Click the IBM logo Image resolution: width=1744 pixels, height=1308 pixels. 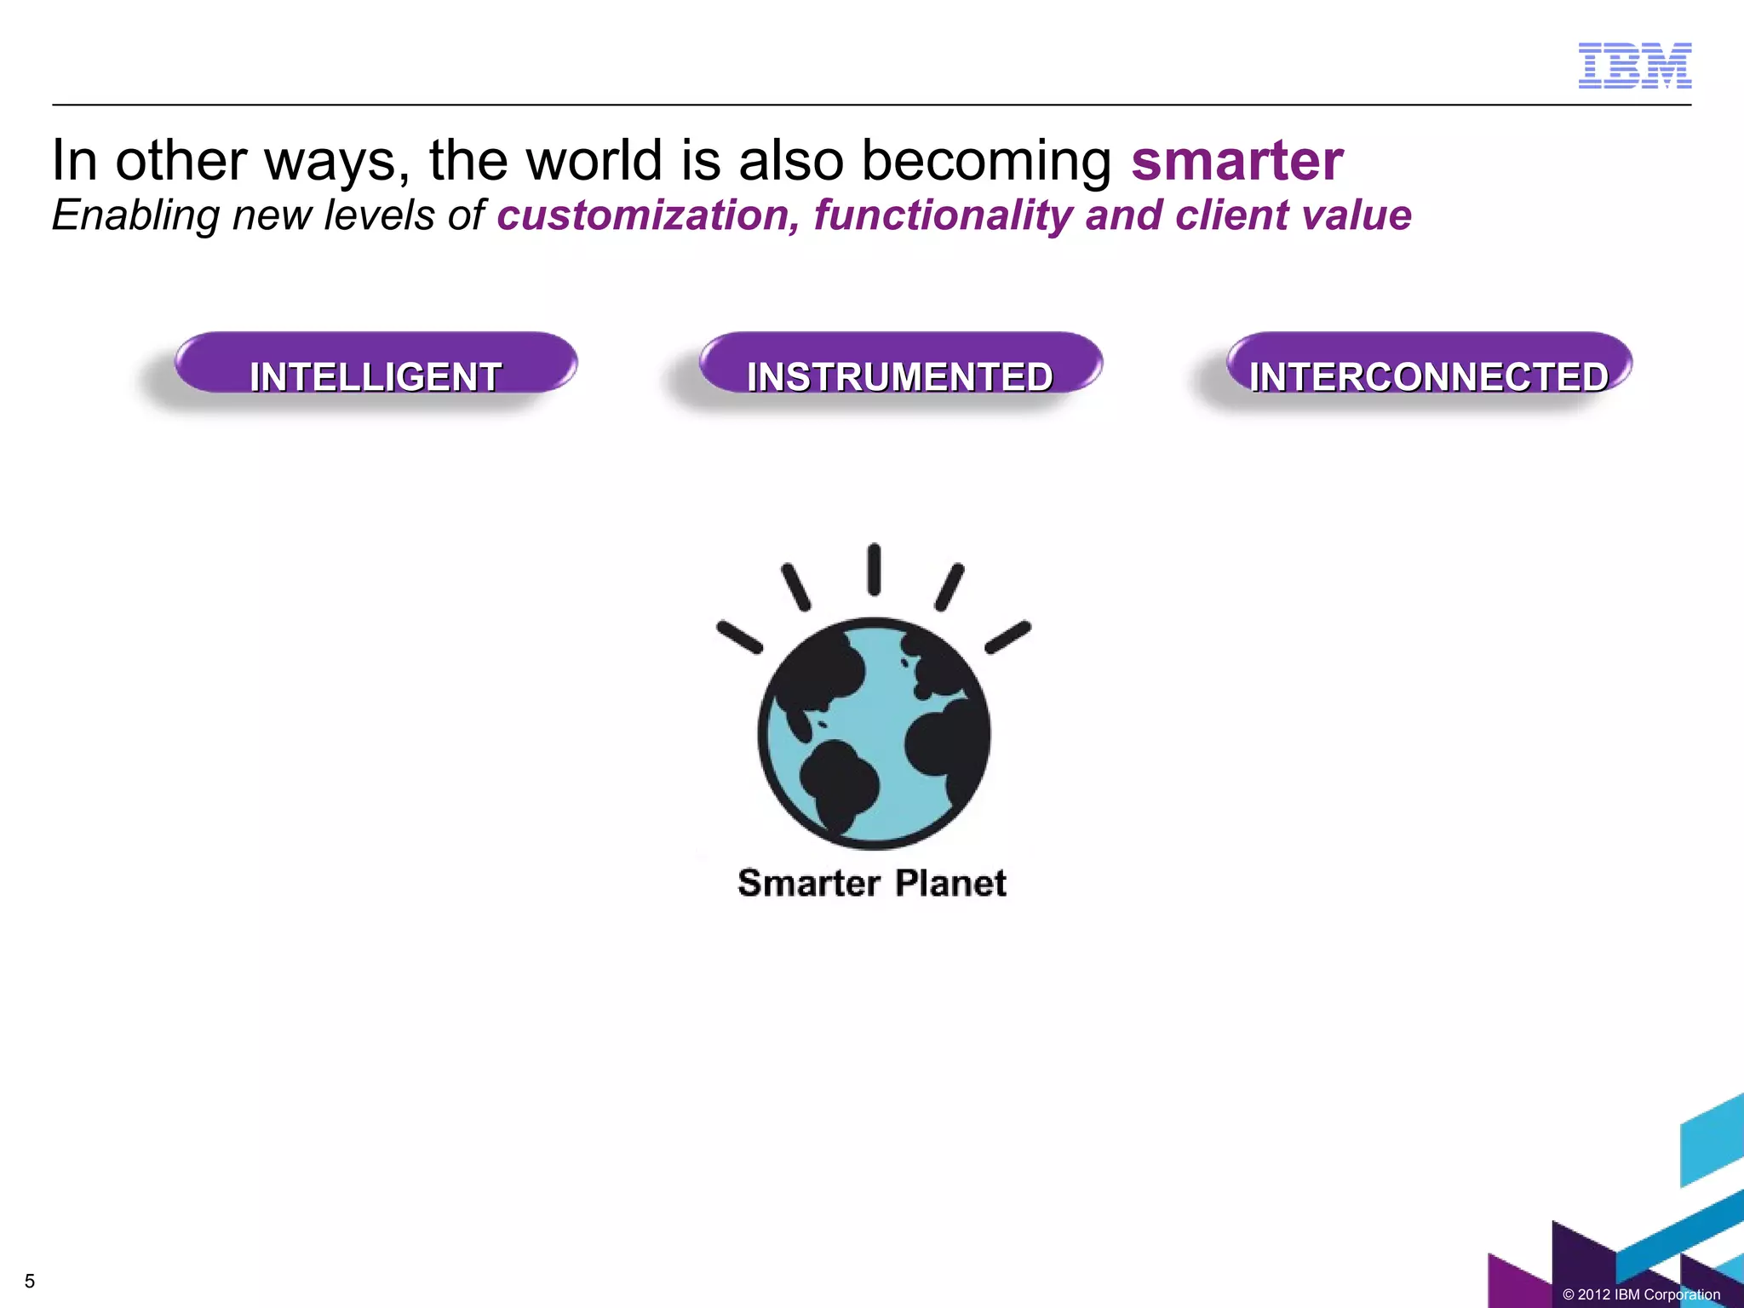(1634, 66)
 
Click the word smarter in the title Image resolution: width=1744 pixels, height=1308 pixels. (1236, 160)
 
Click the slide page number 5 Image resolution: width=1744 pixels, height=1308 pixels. (30, 1281)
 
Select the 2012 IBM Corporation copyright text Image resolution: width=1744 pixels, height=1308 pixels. (1641, 1294)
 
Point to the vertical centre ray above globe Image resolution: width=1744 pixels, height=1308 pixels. (874, 570)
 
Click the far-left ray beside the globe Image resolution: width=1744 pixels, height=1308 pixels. (739, 637)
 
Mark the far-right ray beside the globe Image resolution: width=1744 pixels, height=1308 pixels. (1008, 637)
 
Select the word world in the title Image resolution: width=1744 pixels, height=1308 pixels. (594, 160)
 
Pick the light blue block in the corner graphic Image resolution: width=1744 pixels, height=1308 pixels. (1712, 1141)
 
